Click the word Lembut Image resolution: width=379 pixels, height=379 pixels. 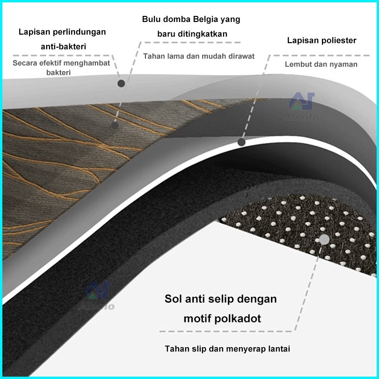[x=298, y=64]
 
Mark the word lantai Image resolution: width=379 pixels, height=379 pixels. [x=279, y=349]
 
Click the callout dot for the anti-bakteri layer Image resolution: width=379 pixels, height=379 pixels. [x=121, y=83]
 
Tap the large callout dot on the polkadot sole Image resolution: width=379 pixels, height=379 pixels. [x=323, y=239]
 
